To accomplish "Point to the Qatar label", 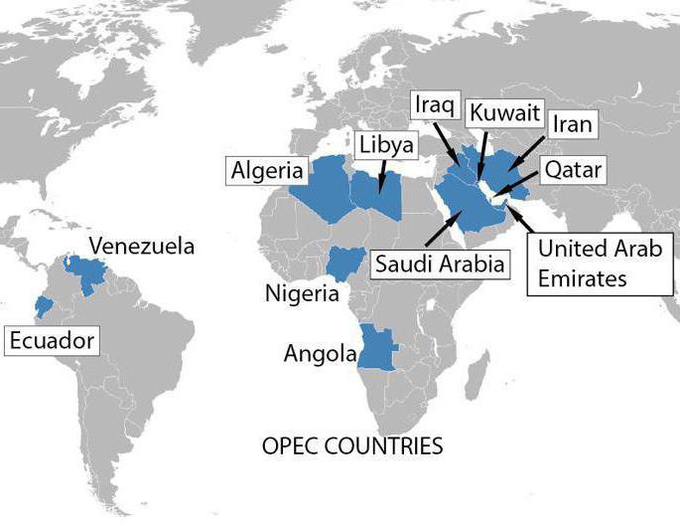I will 570,170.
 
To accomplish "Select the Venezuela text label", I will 142,246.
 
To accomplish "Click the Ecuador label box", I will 52,341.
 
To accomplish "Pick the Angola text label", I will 320,353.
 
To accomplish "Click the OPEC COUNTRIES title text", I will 351,445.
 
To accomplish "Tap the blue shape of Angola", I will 378,349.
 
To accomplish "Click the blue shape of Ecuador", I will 43,305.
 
